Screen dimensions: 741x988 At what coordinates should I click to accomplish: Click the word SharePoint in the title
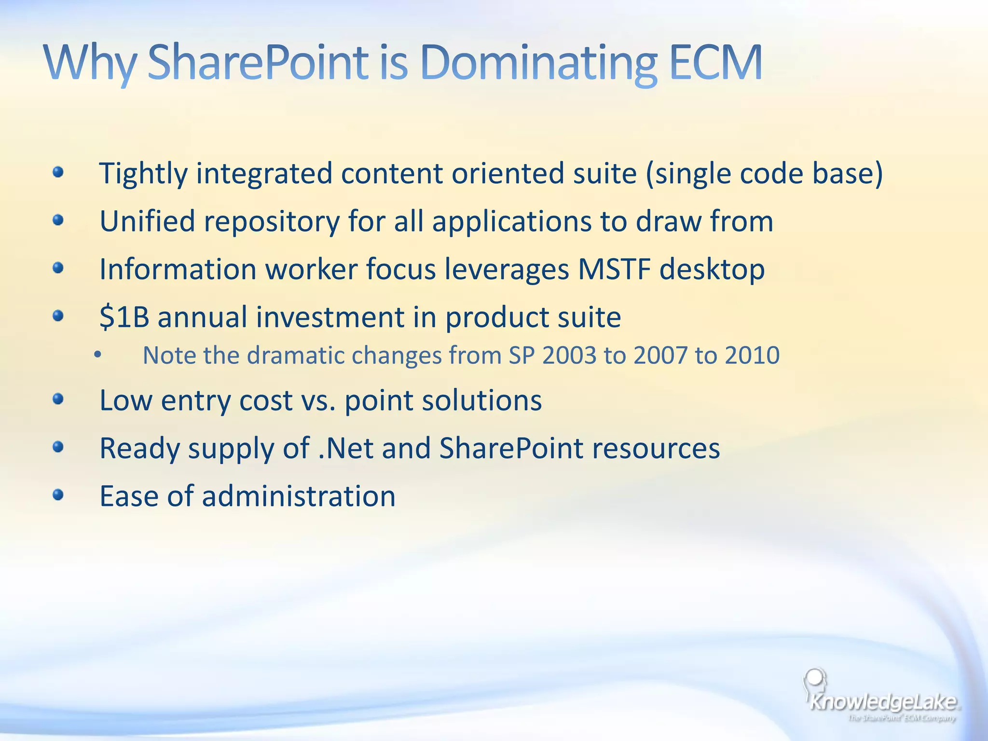258,63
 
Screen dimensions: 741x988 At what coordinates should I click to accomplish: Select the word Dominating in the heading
538,63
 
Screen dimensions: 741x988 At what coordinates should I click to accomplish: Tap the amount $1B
124,317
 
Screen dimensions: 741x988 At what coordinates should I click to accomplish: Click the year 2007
660,356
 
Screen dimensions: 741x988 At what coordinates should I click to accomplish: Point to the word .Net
346,448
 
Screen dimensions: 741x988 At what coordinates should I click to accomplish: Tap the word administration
299,496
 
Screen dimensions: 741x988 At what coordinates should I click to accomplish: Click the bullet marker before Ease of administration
58,495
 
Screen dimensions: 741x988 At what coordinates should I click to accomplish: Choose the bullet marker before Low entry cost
58,399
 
